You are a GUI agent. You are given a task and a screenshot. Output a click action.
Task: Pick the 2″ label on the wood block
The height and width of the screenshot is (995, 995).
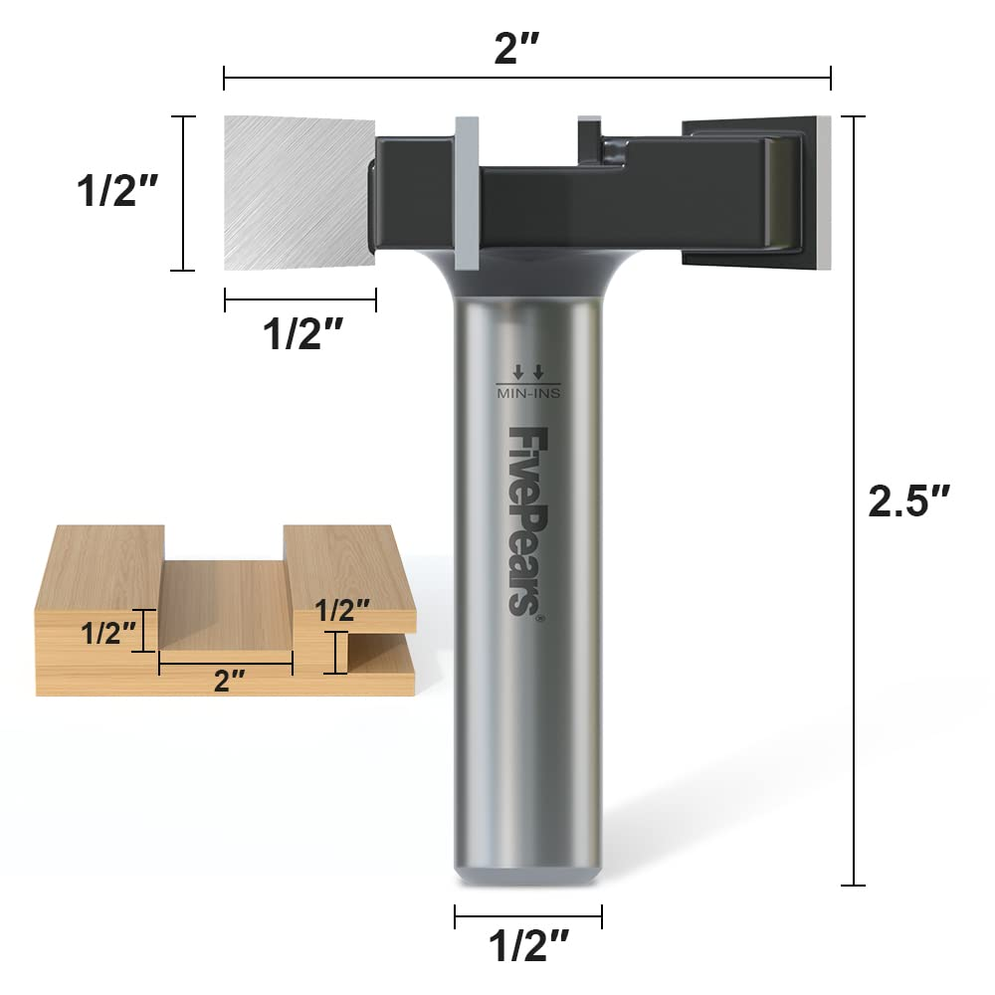click(230, 681)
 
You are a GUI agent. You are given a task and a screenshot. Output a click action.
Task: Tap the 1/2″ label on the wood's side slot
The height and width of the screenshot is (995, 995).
click(342, 610)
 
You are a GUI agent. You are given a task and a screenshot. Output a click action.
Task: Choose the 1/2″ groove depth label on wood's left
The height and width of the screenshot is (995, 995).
click(107, 632)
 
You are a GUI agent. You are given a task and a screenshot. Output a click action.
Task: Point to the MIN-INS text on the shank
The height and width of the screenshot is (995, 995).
click(527, 394)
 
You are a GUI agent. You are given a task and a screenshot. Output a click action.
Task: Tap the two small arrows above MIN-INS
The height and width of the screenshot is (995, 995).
click(527, 372)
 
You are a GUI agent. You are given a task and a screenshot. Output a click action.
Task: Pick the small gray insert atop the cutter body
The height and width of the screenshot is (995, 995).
click(589, 127)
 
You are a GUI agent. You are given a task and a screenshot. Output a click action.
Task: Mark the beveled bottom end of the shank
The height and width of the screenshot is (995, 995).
click(527, 872)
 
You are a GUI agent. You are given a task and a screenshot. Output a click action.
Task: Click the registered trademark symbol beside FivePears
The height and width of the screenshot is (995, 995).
click(538, 619)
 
